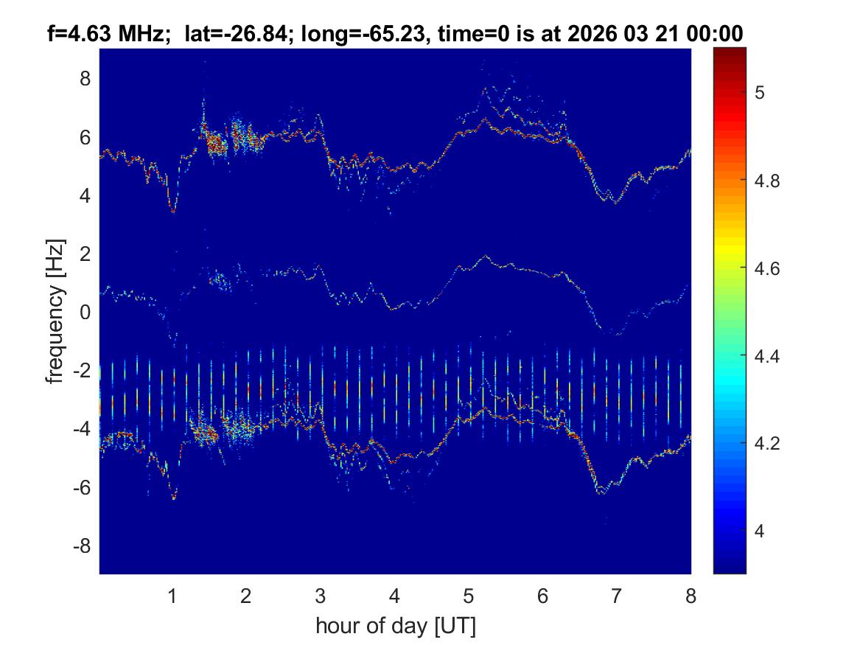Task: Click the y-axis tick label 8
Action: (85, 78)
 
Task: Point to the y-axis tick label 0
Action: (85, 313)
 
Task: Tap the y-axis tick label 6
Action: (85, 137)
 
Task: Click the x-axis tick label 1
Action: (172, 596)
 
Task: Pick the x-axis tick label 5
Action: (469, 596)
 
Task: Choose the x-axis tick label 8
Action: (691, 596)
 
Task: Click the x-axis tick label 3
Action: (321, 596)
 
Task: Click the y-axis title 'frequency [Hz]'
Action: (55, 312)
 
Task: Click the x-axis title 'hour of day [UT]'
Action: (395, 627)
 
